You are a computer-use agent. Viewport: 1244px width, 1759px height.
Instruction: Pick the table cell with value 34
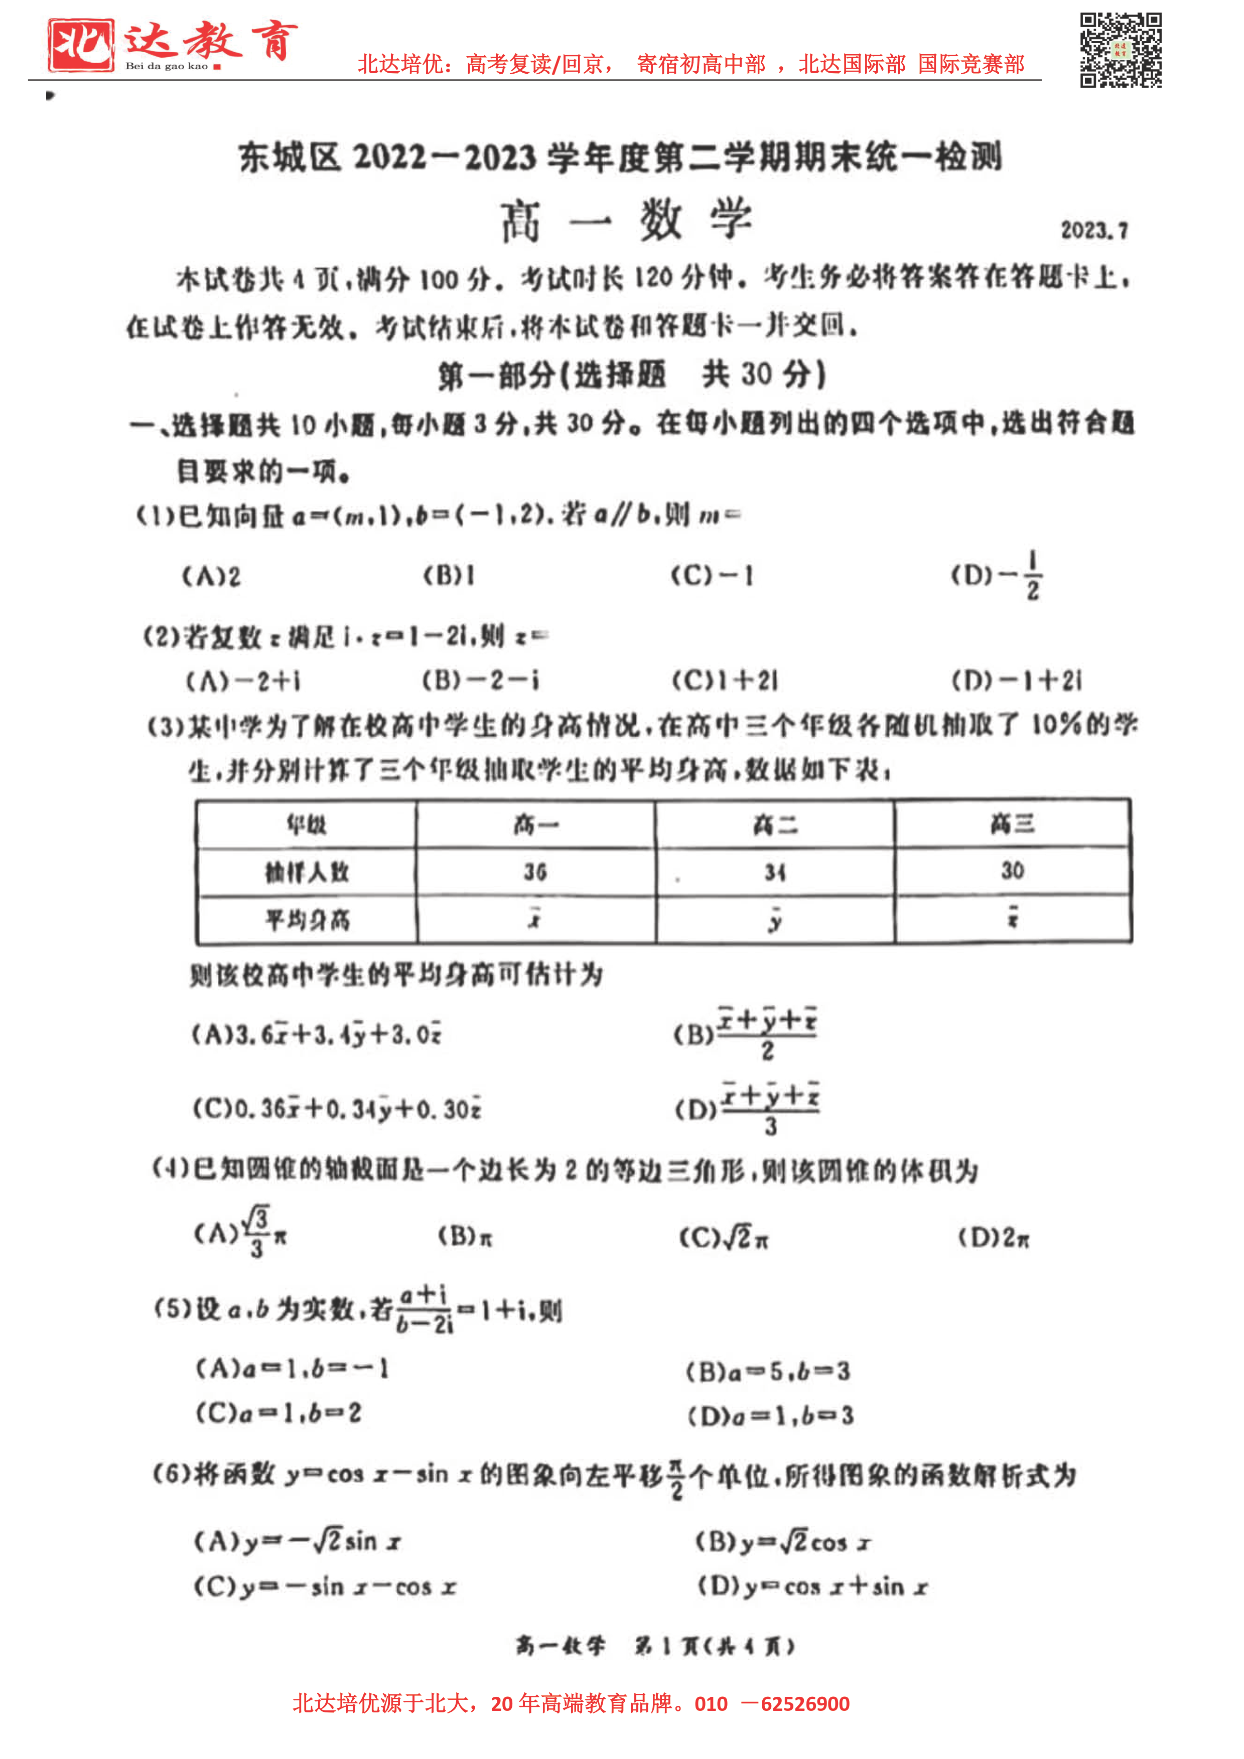pyautogui.click(x=774, y=872)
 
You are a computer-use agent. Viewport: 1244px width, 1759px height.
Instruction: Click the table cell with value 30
pyautogui.click(x=1012, y=870)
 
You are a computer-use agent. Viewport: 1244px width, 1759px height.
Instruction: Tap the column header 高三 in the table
pyautogui.click(x=1012, y=823)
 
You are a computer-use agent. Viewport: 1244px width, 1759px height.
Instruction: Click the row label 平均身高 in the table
pyautogui.click(x=307, y=919)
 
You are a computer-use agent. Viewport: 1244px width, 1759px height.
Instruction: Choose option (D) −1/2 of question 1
pyautogui.click(x=997, y=575)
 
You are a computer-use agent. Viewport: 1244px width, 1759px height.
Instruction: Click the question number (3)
pyautogui.click(x=166, y=726)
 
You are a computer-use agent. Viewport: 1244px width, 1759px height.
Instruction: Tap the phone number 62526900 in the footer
pyautogui.click(x=805, y=1703)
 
